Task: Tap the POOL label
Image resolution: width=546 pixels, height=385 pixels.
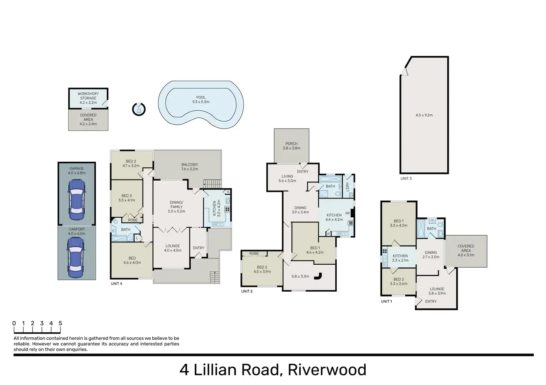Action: (x=201, y=97)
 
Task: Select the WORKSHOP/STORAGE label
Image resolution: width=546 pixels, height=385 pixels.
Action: (x=88, y=96)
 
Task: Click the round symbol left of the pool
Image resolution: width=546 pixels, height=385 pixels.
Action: (x=139, y=109)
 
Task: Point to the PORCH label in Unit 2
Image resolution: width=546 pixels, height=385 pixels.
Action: (x=292, y=144)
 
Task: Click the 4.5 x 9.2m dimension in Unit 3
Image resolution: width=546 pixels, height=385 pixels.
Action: (x=424, y=115)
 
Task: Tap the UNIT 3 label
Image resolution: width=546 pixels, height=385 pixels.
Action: (x=406, y=178)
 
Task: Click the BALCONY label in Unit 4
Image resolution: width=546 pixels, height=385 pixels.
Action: (x=190, y=165)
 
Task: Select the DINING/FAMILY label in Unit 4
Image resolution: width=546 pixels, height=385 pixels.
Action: (x=177, y=205)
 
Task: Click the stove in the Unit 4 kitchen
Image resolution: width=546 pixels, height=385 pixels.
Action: (x=227, y=209)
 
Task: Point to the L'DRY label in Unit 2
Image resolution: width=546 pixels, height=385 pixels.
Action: (x=348, y=187)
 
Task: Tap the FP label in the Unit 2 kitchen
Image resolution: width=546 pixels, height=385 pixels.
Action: (x=348, y=214)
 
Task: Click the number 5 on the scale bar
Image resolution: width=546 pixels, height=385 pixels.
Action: (x=60, y=323)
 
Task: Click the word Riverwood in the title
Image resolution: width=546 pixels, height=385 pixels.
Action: (x=327, y=370)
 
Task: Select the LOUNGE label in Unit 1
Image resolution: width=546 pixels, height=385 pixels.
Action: (x=437, y=289)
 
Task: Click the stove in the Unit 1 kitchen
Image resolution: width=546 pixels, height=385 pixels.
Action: (x=384, y=251)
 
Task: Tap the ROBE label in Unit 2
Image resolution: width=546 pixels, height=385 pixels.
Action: (x=254, y=254)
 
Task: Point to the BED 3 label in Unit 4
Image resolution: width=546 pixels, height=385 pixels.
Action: (x=127, y=196)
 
